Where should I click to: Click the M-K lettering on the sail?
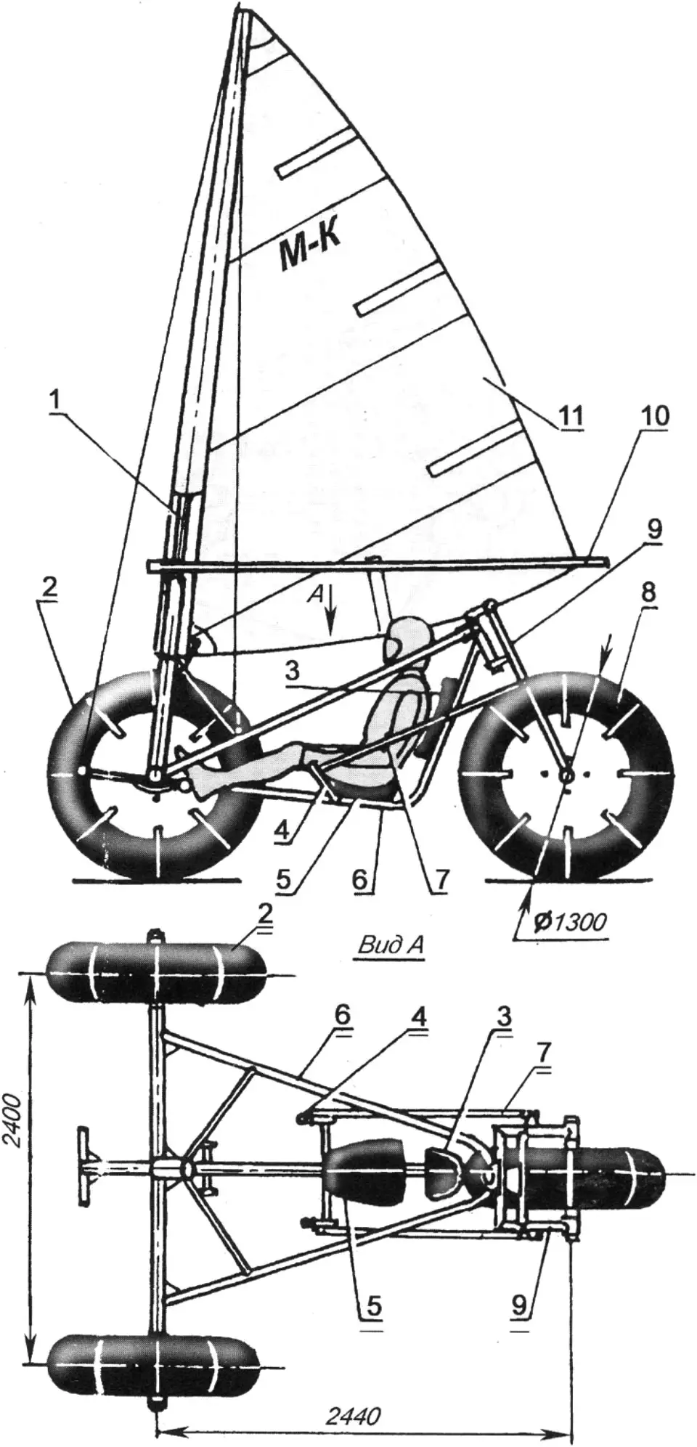309,251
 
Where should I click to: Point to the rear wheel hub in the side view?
566,775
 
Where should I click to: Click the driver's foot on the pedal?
205,780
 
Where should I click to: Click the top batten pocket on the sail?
319,156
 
